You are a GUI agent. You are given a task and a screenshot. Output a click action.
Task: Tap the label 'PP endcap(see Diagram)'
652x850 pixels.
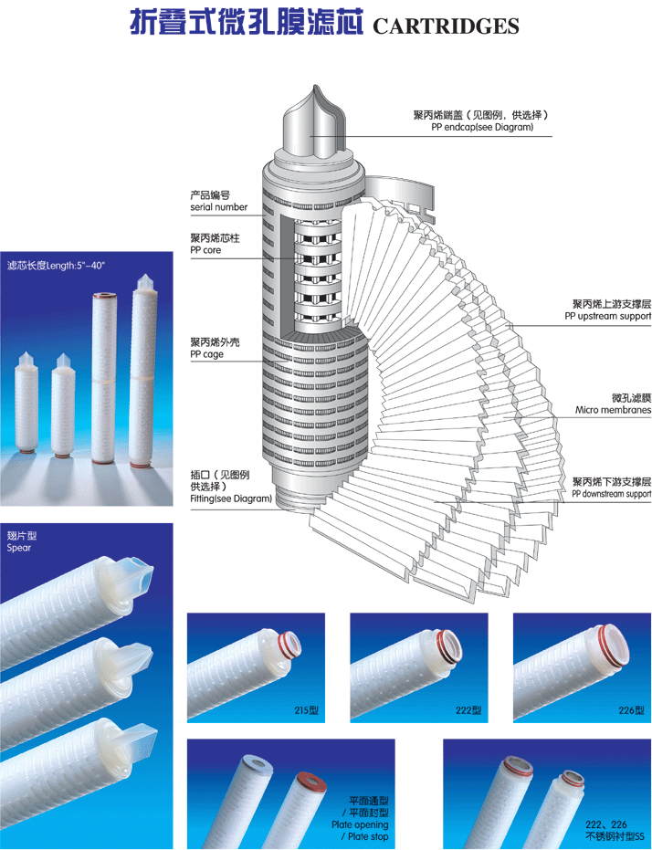coord(482,128)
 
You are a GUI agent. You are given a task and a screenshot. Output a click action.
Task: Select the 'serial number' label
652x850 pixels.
coord(219,207)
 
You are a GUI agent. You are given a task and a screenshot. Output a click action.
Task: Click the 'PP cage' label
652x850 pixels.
coord(207,354)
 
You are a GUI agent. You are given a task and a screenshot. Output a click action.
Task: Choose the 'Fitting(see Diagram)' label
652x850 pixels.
coord(231,498)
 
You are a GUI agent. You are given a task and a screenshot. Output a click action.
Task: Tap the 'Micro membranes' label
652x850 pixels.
coord(613,410)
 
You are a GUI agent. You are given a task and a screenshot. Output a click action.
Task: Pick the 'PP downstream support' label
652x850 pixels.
coord(612,494)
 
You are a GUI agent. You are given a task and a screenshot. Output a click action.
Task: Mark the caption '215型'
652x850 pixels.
coord(307,709)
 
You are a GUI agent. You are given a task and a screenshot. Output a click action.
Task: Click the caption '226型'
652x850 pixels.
coord(633,709)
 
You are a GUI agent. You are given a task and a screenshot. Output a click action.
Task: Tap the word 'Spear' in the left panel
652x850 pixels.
coord(19,548)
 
